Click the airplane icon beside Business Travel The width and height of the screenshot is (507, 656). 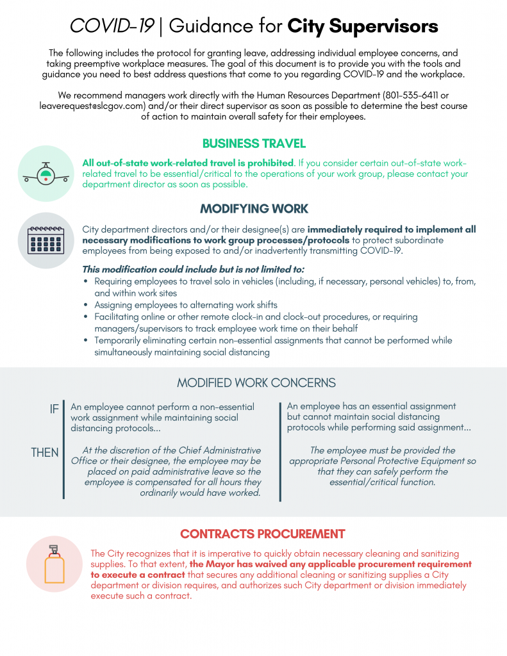pos(45,174)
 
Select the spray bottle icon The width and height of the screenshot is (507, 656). pos(54,564)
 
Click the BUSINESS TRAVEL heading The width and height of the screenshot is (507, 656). pos(254,143)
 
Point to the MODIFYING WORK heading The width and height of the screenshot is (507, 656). pos(254,209)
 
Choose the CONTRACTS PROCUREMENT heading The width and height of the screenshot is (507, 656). pos(262,534)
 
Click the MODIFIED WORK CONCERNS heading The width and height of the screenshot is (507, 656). pos(256,383)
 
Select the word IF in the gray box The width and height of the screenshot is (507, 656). pos(55,408)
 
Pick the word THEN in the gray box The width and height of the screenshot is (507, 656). pos(45,453)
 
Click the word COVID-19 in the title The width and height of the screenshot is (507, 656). pos(112,26)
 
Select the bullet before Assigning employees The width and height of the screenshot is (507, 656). pos(87,305)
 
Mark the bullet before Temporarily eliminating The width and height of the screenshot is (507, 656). pos(87,340)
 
